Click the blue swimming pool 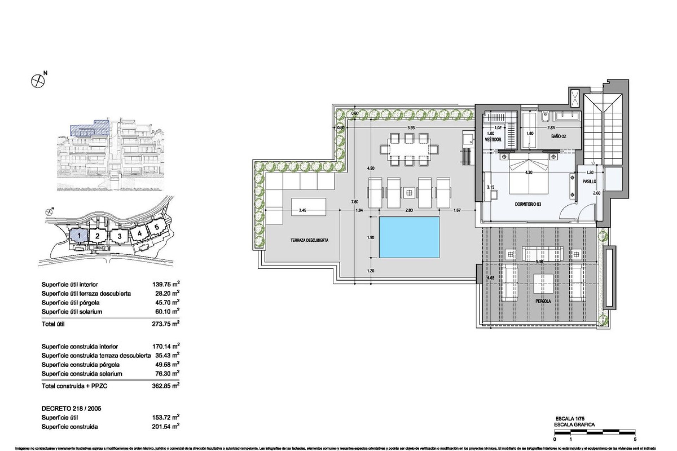click(409, 237)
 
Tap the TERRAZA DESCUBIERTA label click(309, 240)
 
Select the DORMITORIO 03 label click(528, 204)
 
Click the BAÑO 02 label click(559, 136)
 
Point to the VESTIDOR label click(493, 140)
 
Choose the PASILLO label click(589, 181)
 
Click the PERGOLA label click(543, 301)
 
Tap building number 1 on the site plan click(79, 235)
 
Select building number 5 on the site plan click(157, 227)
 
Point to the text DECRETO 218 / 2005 click(71, 408)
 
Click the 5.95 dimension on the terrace click(410, 128)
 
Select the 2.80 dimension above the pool click(409, 210)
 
